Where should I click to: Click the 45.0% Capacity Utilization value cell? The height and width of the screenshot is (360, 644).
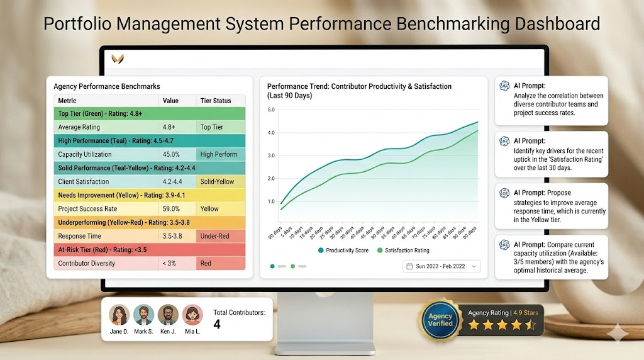point(172,154)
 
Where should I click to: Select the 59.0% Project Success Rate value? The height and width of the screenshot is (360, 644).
point(172,209)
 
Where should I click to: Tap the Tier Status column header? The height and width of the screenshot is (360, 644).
point(216,101)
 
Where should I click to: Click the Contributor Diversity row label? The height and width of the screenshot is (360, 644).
point(86,263)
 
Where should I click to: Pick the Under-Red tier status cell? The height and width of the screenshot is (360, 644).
point(214,236)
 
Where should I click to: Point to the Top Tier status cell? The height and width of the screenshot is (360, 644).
point(212,127)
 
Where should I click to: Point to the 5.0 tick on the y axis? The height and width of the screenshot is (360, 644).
point(271,110)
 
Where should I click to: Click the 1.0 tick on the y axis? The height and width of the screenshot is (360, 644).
point(271,201)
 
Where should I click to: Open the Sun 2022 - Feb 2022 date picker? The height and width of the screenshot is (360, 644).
point(441,266)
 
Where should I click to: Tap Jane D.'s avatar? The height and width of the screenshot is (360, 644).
point(119,315)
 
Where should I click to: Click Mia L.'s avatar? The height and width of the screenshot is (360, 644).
point(192,315)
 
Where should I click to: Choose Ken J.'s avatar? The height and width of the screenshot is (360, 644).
point(168,315)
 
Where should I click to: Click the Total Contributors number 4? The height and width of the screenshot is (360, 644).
point(217,325)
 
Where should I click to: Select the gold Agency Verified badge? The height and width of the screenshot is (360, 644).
point(440,319)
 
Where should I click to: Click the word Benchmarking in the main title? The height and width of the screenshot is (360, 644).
point(450,24)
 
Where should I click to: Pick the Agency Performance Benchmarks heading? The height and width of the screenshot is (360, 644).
point(107,86)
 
